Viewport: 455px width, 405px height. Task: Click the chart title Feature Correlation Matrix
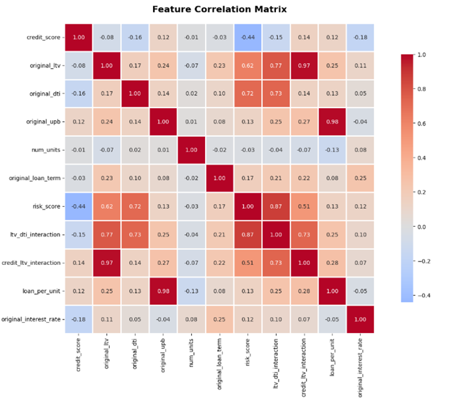pyautogui.click(x=219, y=9)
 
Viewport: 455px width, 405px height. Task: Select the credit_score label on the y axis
pyautogui.click(x=43, y=37)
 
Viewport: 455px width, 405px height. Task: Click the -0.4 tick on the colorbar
pyautogui.click(x=422, y=295)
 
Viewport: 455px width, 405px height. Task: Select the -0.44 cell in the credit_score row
pyautogui.click(x=248, y=37)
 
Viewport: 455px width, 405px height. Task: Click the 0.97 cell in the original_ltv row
pyautogui.click(x=304, y=65)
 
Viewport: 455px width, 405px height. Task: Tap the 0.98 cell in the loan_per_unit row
pyautogui.click(x=164, y=290)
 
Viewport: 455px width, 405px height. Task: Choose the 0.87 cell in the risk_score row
pyautogui.click(x=276, y=206)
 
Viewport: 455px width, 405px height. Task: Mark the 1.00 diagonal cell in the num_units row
pyautogui.click(x=192, y=149)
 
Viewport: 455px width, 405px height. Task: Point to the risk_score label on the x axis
pyautogui.click(x=249, y=353)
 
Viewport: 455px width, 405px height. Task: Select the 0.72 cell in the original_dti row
pyautogui.click(x=248, y=93)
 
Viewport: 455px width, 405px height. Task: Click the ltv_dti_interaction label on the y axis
pyautogui.click(x=37, y=234)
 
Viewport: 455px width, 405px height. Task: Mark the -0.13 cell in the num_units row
pyautogui.click(x=332, y=149)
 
